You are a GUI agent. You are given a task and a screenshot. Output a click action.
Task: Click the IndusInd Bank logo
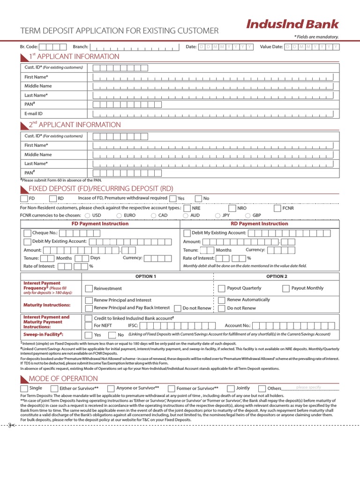coord(292,24)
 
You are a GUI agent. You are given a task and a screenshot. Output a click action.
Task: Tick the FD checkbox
coord(24,199)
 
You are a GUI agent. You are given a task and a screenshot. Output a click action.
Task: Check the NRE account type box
coord(187,208)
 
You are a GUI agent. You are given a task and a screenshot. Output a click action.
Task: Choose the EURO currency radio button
coord(119,216)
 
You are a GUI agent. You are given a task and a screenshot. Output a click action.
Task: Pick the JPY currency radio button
coord(217,216)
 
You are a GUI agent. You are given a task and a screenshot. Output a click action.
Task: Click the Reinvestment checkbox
coord(89,289)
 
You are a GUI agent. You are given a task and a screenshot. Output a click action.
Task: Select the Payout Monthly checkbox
coord(285,289)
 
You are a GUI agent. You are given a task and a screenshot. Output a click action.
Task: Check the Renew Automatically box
coord(221,300)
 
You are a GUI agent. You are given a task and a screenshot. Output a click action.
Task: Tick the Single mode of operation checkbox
coord(24,389)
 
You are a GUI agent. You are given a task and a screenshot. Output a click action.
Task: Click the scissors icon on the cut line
coord(11,425)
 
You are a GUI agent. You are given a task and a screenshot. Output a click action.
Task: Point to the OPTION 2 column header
coord(277,277)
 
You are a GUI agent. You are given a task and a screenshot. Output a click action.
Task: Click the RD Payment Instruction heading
coord(259,224)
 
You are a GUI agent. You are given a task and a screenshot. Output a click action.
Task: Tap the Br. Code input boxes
coord(52,47)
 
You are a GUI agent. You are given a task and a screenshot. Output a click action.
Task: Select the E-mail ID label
coord(34,113)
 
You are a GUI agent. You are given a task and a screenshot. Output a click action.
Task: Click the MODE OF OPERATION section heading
coord(63,378)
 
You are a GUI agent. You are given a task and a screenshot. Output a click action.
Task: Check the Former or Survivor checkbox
coord(172,389)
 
